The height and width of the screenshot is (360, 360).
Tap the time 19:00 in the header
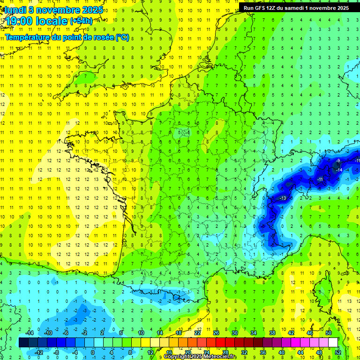pyautogui.click(x=21, y=21)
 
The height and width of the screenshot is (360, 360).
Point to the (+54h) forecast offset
pyautogui.click(x=81, y=21)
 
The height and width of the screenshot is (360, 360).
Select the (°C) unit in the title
pyautogui.click(x=122, y=37)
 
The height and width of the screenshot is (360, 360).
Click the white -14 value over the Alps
pyautogui.click(x=339, y=170)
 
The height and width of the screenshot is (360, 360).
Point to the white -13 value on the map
pyautogui.click(x=283, y=199)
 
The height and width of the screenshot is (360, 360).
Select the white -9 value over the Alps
pyautogui.click(x=338, y=161)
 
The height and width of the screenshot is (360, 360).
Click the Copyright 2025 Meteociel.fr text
pyautogui.click(x=200, y=357)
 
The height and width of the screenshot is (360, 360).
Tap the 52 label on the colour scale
pyautogui.click(x=337, y=352)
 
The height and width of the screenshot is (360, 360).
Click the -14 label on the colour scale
pyautogui.click(x=30, y=333)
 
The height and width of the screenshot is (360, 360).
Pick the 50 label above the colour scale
pyautogui.click(x=329, y=333)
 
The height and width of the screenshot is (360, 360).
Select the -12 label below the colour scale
pyautogui.click(x=39, y=352)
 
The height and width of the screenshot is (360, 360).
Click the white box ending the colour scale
pyautogui.click(x=333, y=342)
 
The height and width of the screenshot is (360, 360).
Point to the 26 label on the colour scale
pyautogui.click(x=216, y=333)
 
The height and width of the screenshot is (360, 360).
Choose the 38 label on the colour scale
pyautogui.click(x=272, y=333)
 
